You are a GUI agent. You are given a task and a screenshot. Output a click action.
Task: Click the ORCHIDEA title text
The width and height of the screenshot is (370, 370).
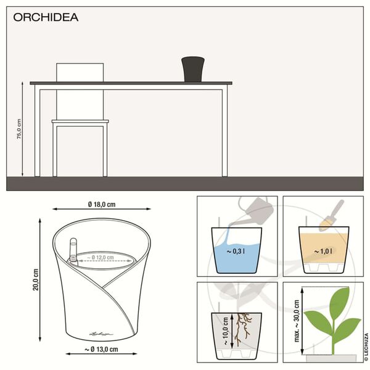(x=46, y=17)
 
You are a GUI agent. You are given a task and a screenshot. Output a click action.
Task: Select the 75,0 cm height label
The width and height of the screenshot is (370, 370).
(x=19, y=129)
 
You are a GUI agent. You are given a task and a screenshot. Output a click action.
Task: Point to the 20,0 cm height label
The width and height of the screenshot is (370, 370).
(x=36, y=279)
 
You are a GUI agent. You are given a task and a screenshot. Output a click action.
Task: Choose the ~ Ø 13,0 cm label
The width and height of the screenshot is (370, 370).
(x=100, y=350)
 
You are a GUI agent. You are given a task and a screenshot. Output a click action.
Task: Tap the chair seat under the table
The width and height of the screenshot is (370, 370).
(x=80, y=121)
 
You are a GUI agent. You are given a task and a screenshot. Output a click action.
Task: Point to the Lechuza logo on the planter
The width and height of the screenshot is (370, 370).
(x=101, y=333)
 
